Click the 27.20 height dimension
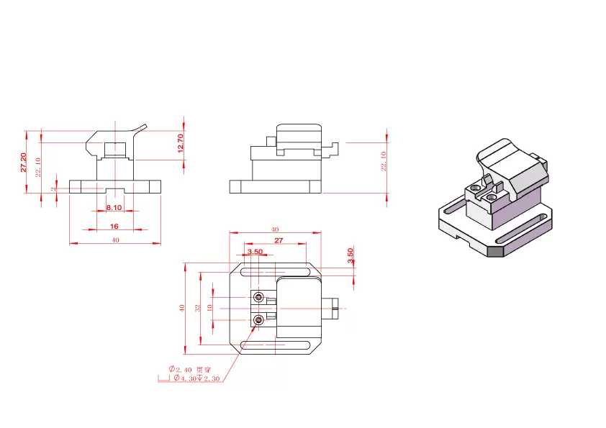(24, 162)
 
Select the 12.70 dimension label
(181, 142)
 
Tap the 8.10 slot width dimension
(114, 207)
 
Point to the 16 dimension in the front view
(114, 226)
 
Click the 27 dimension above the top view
(279, 240)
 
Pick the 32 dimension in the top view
(198, 307)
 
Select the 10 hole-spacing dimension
(209, 308)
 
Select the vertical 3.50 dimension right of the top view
(351, 255)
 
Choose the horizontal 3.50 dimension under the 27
(255, 252)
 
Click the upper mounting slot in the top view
(277, 272)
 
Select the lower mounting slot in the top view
(277, 347)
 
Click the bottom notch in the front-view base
(114, 190)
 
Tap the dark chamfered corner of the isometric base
(496, 251)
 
